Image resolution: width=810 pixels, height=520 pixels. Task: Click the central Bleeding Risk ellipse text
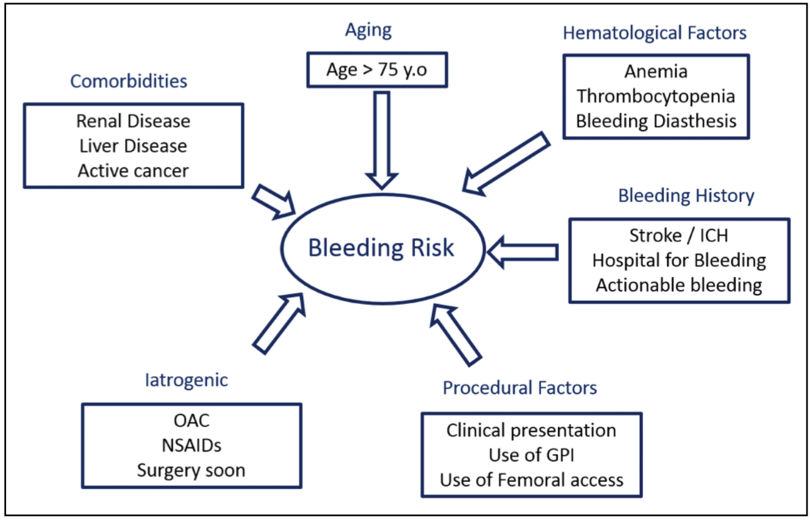[381, 248]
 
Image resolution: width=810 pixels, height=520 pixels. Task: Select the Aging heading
[368, 31]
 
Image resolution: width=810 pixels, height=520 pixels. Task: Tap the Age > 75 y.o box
[376, 70]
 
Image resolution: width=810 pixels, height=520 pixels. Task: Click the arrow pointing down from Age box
[382, 140]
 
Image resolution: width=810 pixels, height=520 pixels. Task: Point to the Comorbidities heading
[129, 81]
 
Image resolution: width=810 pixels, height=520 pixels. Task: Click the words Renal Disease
[133, 121]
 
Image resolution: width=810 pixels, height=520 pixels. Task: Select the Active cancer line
[133, 170]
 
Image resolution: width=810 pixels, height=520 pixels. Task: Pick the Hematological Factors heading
[654, 33]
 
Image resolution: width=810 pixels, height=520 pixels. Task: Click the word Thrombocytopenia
[656, 96]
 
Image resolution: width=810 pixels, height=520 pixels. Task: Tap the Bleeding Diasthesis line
[656, 120]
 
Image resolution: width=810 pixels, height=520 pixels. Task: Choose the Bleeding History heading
[686, 196]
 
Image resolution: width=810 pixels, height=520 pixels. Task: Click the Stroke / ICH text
[679, 236]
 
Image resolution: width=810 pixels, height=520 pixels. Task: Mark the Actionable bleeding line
[679, 284]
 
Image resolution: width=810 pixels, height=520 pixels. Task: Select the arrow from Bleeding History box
[523, 251]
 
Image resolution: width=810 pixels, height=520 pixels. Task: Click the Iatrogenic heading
[186, 380]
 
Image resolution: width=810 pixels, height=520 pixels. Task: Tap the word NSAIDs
[191, 446]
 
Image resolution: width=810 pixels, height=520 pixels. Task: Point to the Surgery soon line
[191, 471]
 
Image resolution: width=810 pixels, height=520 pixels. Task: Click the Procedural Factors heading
[520, 388]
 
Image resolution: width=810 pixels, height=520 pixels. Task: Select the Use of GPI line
[531, 455]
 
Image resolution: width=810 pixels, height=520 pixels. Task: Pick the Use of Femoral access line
[531, 480]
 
